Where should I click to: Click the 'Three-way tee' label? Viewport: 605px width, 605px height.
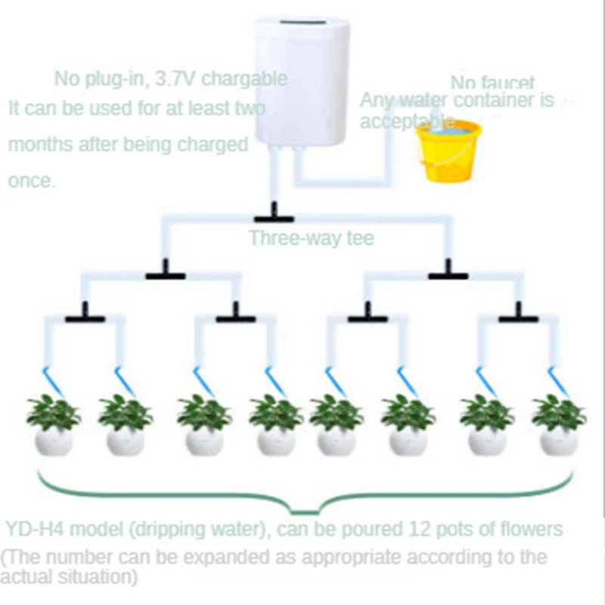click(312, 239)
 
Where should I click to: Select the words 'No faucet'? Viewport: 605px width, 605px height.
click(492, 83)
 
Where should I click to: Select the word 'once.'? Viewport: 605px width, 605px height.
click(32, 181)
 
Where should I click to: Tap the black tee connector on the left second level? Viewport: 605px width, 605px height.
click(166, 273)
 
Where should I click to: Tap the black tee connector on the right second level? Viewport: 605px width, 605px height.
click(448, 273)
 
